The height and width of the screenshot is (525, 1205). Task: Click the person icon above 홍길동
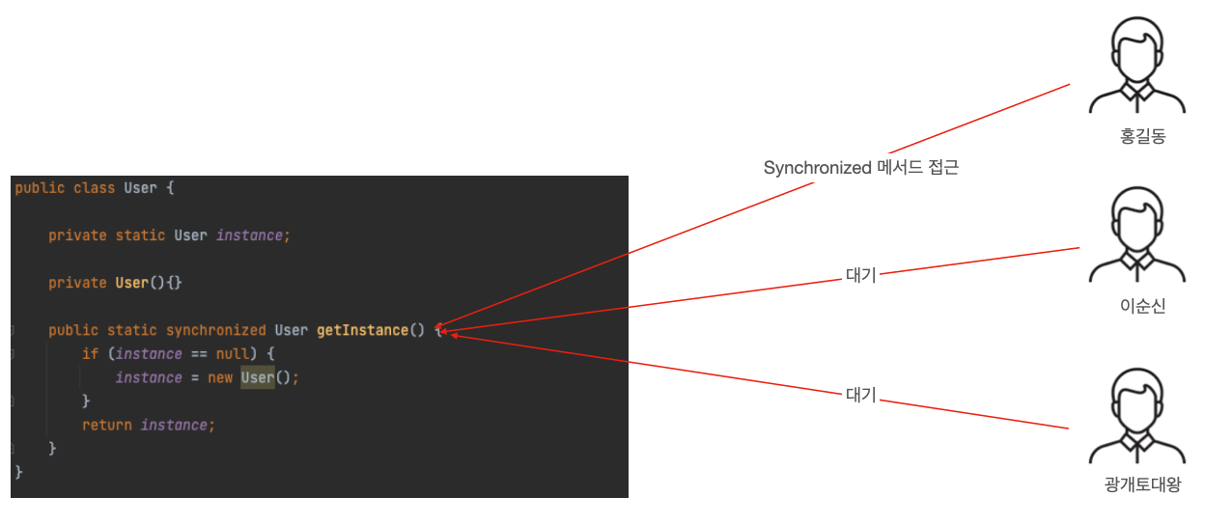[x=1136, y=68]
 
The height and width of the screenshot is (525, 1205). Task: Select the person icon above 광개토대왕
[x=1136, y=415]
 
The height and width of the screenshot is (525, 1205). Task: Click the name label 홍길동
[x=1142, y=137]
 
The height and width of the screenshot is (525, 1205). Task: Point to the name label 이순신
[x=1142, y=307]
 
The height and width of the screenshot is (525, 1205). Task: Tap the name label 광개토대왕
[x=1142, y=485]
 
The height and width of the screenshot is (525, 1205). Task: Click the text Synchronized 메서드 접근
[x=861, y=168]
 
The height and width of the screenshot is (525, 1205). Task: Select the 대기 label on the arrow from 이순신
[x=860, y=275]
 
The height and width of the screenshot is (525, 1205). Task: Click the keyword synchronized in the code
[x=215, y=330]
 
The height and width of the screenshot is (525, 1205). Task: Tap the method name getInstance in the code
[x=362, y=330]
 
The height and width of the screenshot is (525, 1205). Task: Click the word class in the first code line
[x=95, y=187]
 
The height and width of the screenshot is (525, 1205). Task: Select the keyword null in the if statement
[x=233, y=354]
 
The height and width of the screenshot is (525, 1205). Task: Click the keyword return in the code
[x=106, y=425]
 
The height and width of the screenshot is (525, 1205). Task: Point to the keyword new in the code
[x=220, y=377]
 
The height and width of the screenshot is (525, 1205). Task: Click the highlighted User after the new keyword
[x=257, y=377]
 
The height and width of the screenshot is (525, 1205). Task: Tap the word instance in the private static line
[x=250, y=235]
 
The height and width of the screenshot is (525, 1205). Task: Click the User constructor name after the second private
[x=131, y=283]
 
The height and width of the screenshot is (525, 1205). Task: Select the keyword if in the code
[x=90, y=354]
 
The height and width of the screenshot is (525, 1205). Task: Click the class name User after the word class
[x=140, y=187]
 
